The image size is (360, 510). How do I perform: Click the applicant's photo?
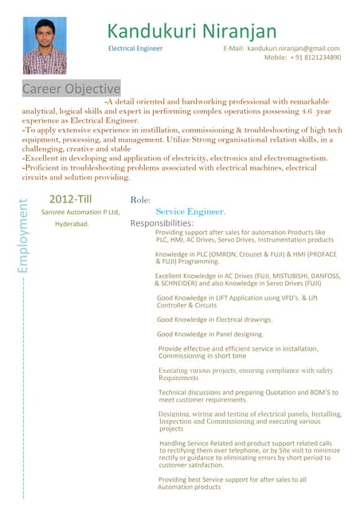point(45,45)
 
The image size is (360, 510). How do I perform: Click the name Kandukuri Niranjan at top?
point(192,32)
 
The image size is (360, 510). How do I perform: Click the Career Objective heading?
point(71,88)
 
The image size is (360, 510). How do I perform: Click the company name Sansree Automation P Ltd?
point(80,212)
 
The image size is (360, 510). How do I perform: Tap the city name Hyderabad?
point(72,224)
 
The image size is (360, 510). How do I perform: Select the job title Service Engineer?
point(190,212)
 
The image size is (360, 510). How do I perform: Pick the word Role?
point(146,199)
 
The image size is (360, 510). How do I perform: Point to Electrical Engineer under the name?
point(135,49)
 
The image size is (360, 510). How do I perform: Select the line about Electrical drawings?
point(214,320)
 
